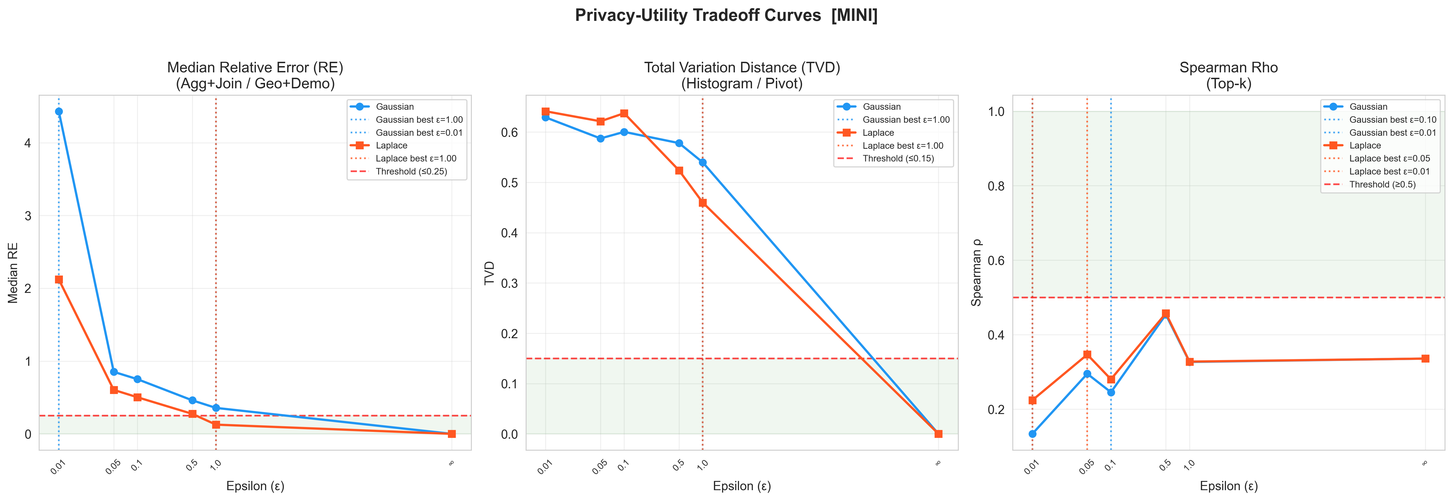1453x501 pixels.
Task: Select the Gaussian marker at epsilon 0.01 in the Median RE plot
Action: [59, 112]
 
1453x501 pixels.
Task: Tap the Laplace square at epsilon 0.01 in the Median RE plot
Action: [59, 279]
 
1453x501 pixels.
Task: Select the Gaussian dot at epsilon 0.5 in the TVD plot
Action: [679, 143]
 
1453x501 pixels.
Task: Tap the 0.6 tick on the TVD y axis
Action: [509, 132]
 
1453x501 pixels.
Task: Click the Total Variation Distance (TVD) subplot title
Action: [742, 68]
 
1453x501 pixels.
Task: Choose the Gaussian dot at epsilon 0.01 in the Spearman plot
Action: [1032, 434]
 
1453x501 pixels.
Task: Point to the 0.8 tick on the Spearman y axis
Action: [996, 186]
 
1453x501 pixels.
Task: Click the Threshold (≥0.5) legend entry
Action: [1382, 185]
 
